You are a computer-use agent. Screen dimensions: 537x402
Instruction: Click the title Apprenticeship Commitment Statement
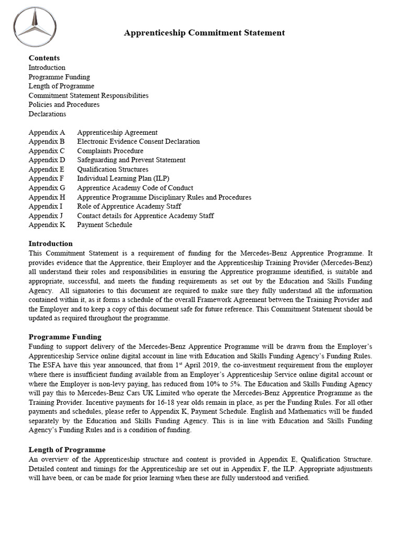pos(204,33)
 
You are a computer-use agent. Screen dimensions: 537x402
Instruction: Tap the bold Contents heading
pos(44,58)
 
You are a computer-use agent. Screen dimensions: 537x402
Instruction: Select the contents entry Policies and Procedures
pos(64,104)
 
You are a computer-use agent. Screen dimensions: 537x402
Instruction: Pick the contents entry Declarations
pos(47,114)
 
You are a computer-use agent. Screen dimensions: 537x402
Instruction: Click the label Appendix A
pos(47,133)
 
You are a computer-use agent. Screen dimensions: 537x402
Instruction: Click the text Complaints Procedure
pos(110,151)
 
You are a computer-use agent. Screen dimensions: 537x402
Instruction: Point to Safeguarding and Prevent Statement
pos(131,160)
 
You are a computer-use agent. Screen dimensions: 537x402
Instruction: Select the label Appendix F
pos(47,178)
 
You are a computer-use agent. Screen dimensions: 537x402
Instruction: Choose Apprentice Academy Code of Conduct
pos(135,188)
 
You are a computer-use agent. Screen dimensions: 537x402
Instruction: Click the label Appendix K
pos(47,225)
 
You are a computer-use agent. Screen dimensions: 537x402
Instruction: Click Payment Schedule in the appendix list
pos(105,225)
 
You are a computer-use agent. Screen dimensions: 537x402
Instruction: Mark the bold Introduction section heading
pos(50,243)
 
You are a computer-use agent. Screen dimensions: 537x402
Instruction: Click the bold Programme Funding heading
pos(65,337)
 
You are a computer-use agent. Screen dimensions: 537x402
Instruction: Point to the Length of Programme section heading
pos(67,449)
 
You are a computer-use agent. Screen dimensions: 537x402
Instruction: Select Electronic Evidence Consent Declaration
pos(138,142)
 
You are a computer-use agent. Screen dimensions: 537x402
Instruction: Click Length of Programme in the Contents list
pos(61,86)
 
